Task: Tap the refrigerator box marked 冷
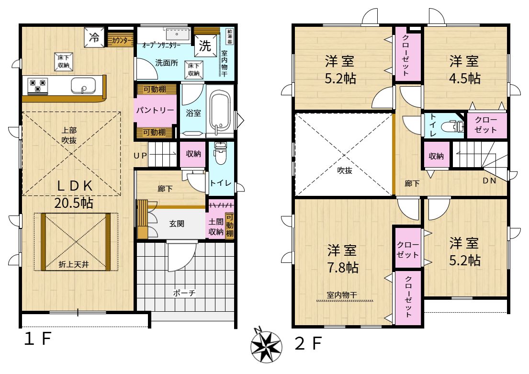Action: pos(94,37)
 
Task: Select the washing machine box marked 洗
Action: pos(205,45)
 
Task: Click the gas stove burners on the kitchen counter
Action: pos(38,86)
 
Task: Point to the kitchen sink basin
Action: pos(83,85)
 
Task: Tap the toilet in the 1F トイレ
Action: pos(220,154)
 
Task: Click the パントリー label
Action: pos(155,110)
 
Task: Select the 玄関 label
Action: pos(177,224)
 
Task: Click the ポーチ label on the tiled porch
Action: pos(184,293)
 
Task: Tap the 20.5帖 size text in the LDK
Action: pos(74,203)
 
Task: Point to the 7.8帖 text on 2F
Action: pos(343,268)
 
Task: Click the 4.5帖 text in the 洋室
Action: pos(464,79)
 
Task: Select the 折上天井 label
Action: pos(74,264)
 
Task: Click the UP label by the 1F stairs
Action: pos(140,156)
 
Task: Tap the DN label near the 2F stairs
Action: pos(489,181)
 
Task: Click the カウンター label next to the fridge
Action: pos(122,41)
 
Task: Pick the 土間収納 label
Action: pos(216,227)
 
